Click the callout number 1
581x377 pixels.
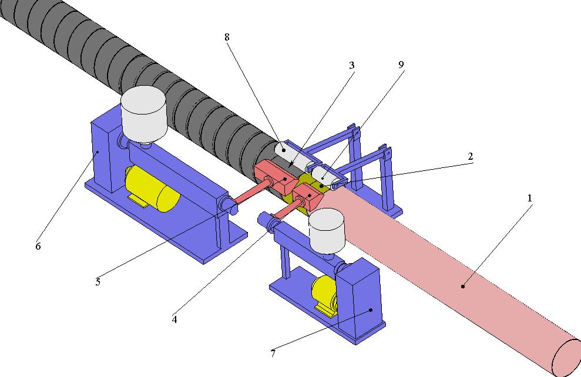(x=529, y=198)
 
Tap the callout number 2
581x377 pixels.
(x=470, y=156)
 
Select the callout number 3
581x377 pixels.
(x=352, y=66)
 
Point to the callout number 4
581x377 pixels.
(x=174, y=319)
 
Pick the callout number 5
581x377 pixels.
(x=98, y=282)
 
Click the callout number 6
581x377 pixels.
(x=38, y=246)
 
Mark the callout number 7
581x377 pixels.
(x=273, y=354)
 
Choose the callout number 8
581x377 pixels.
(x=227, y=37)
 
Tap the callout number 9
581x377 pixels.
(x=401, y=65)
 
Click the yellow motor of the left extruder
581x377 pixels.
(x=152, y=188)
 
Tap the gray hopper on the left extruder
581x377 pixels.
(x=144, y=115)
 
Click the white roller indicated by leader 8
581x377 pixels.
(x=294, y=156)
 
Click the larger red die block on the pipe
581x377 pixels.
(x=276, y=177)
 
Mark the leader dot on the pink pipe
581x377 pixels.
(x=463, y=286)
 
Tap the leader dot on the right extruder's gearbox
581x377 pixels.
(x=371, y=310)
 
